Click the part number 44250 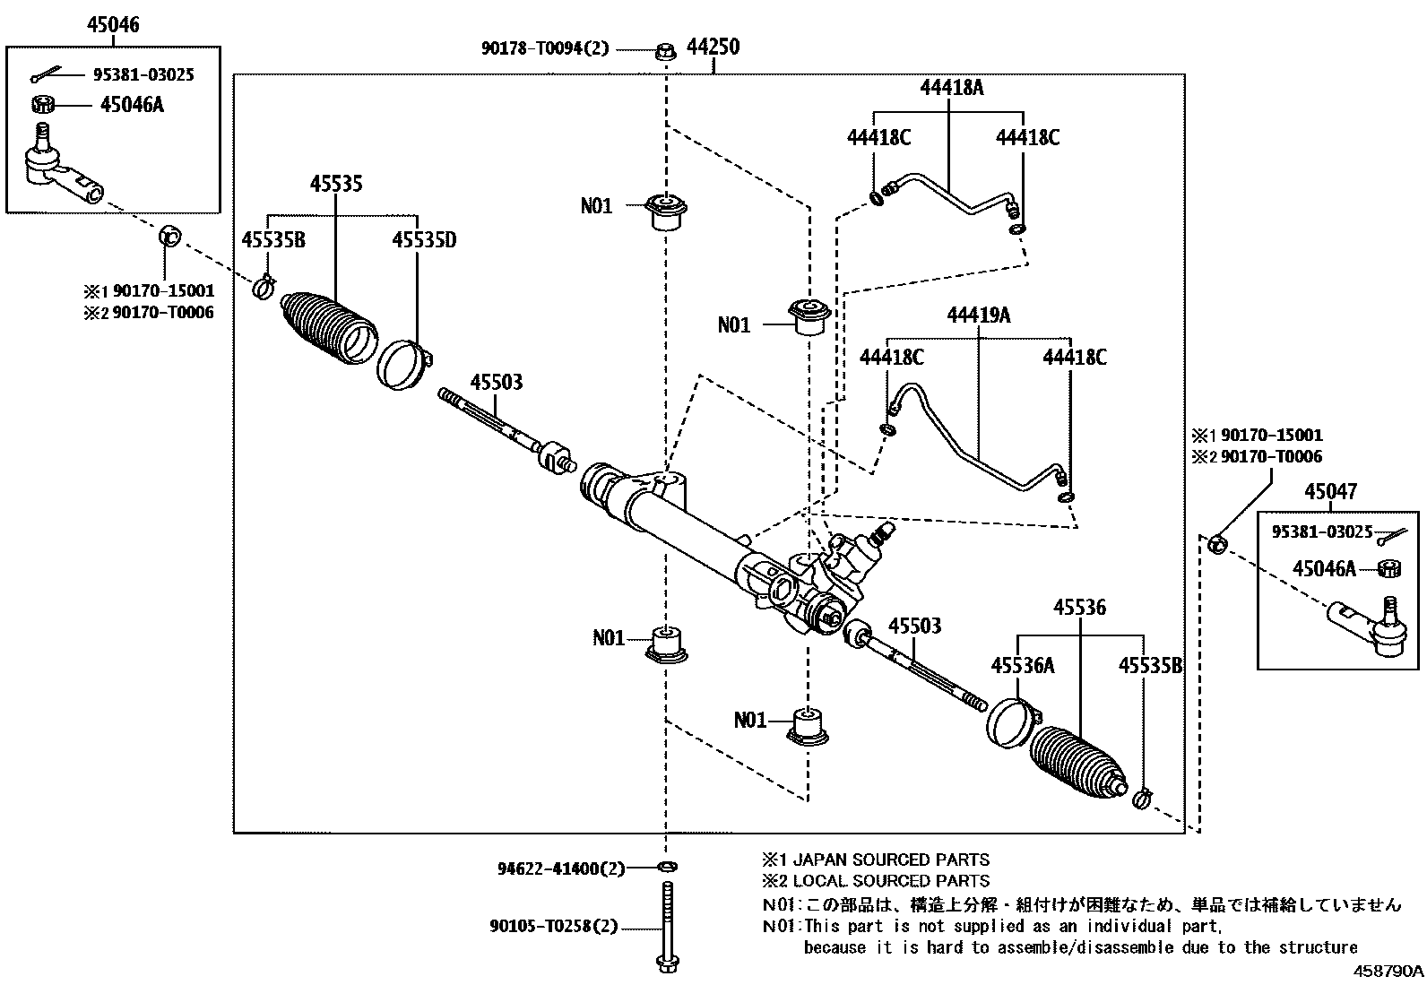(713, 48)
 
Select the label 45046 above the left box (113, 25)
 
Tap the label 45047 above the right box (1330, 491)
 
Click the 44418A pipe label (951, 87)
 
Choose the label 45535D (424, 239)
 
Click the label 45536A (1022, 665)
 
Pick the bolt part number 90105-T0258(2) (554, 927)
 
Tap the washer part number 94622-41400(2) (560, 868)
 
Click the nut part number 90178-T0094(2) (544, 48)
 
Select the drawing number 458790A (1388, 972)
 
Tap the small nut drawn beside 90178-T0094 (665, 50)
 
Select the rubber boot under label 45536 (1076, 760)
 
